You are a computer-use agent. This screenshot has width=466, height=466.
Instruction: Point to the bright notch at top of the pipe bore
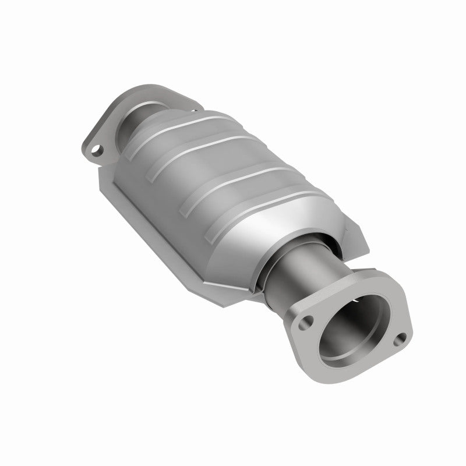356,302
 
